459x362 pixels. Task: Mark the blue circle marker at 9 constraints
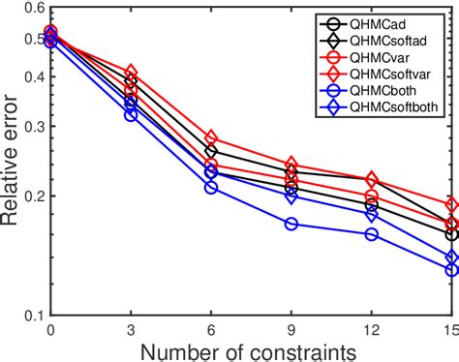(291, 224)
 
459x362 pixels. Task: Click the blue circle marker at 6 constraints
(211, 187)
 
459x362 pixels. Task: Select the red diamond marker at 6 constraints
(211, 139)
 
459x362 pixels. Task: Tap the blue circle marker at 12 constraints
(371, 234)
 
